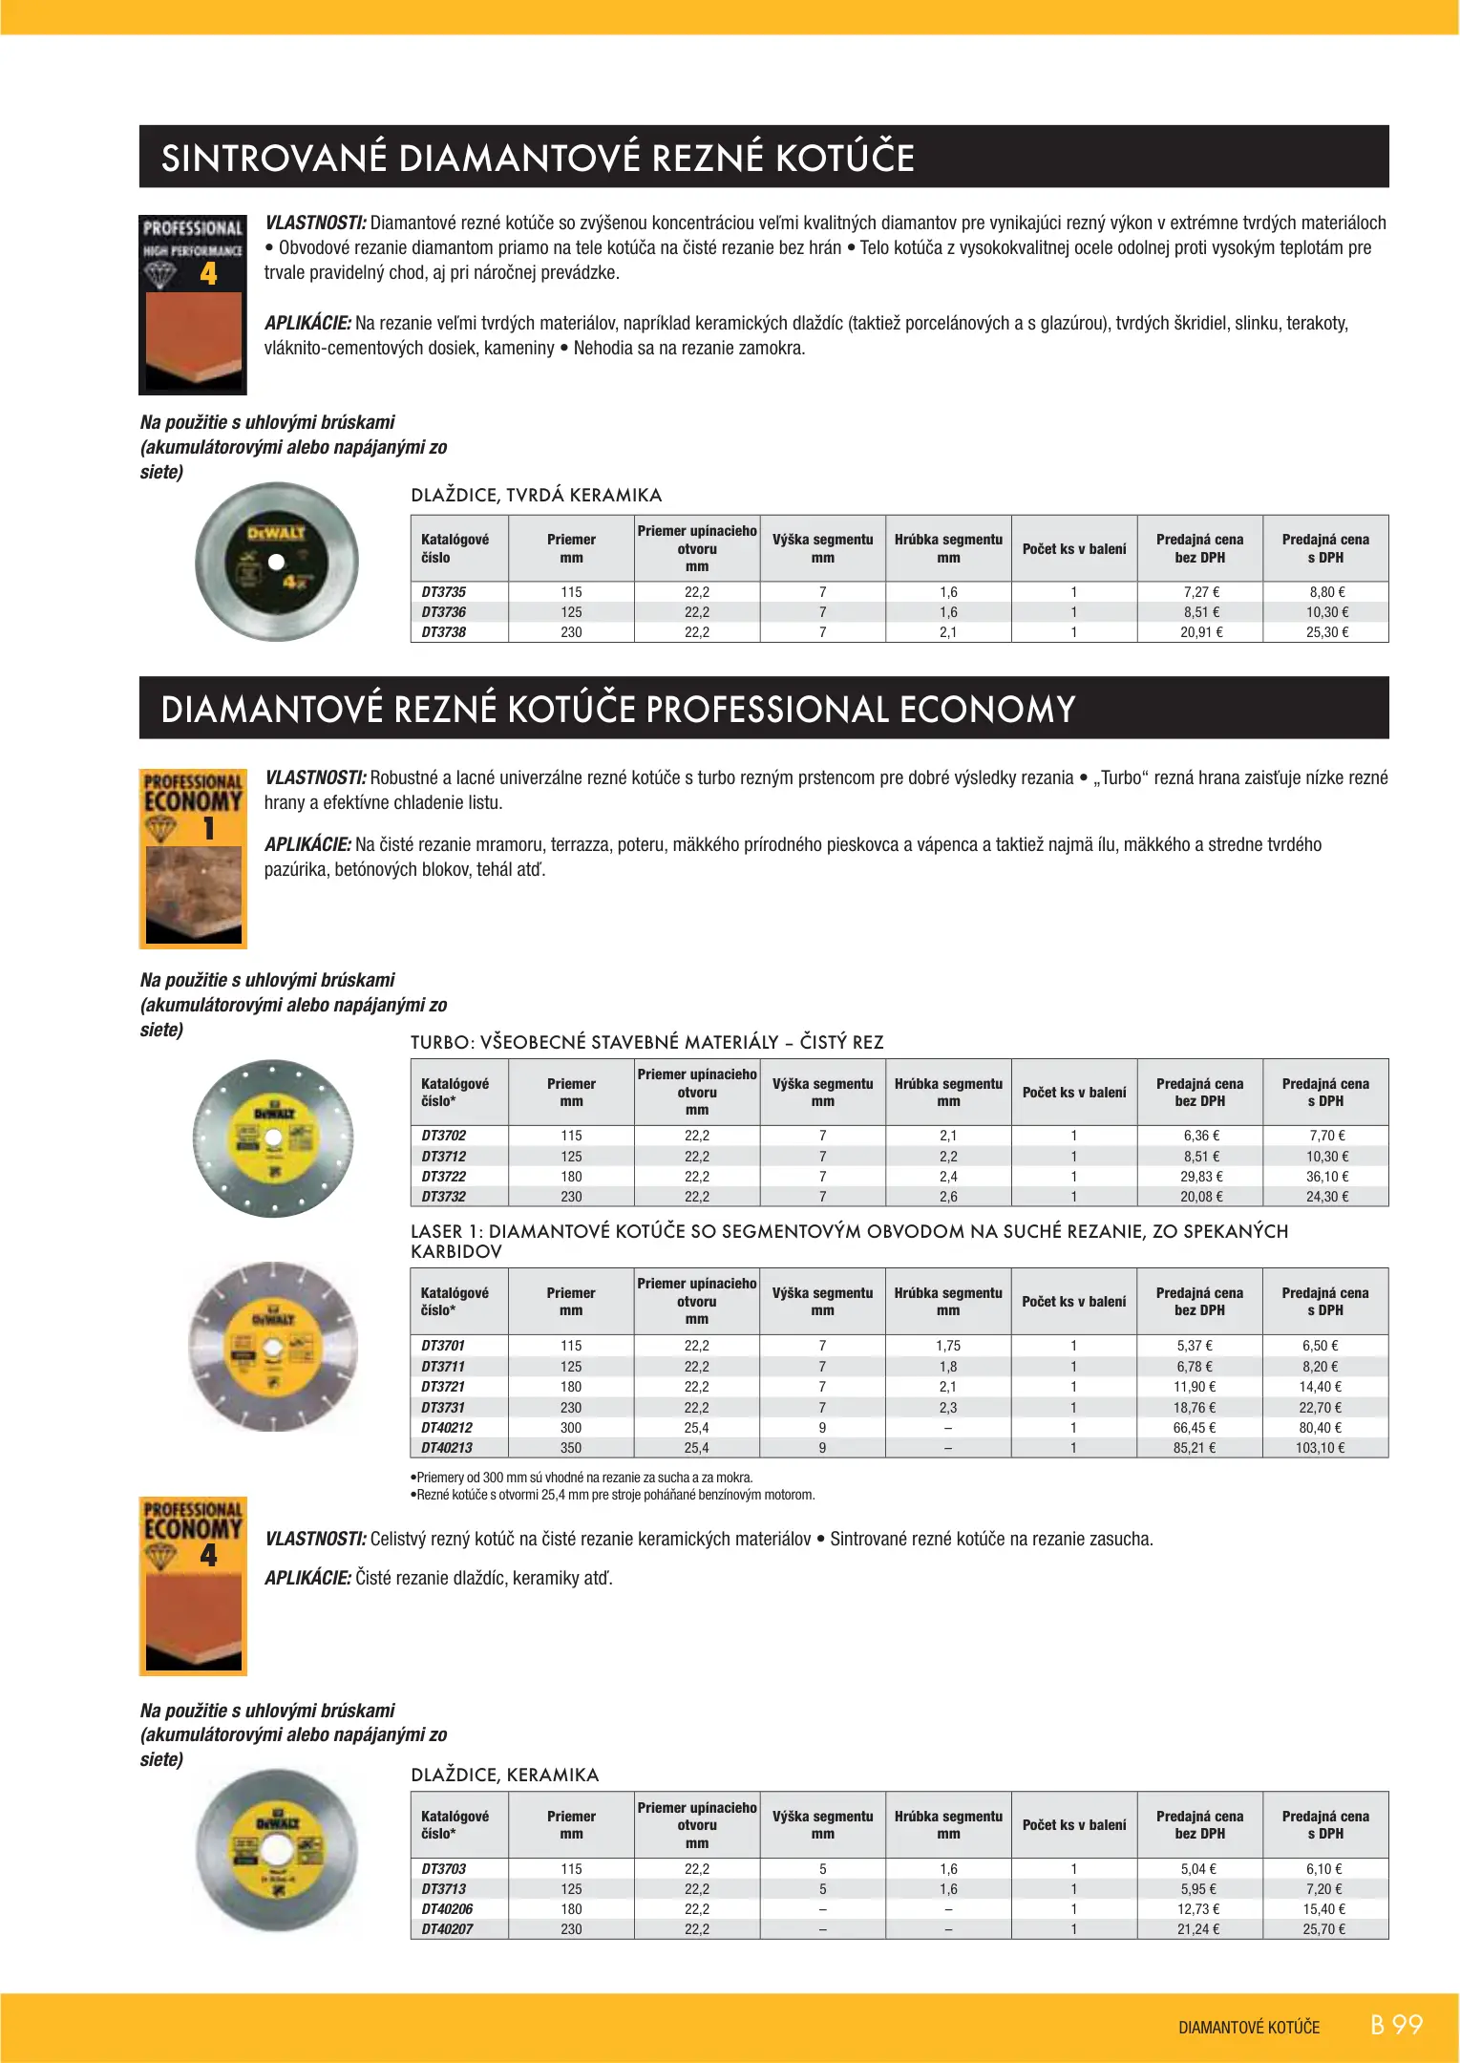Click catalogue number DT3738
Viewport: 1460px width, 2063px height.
pyautogui.click(x=444, y=632)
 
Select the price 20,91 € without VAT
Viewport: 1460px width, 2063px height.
pyautogui.click(x=1200, y=632)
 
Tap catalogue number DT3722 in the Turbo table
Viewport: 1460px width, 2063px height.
pyautogui.click(x=444, y=1177)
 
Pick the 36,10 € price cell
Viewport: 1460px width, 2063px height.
pyautogui.click(x=1326, y=1177)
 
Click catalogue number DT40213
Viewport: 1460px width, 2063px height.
pyautogui.click(x=447, y=1448)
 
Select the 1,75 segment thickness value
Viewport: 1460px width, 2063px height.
pyautogui.click(x=948, y=1346)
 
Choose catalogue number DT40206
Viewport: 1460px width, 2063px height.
pyautogui.click(x=447, y=1909)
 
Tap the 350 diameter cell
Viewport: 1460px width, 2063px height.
pyautogui.click(x=571, y=1448)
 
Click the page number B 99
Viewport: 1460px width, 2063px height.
pyautogui.click(x=1396, y=2025)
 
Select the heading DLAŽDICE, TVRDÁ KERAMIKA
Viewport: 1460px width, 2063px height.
pyautogui.click(x=536, y=495)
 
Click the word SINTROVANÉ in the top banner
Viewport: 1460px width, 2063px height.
pyautogui.click(x=273, y=159)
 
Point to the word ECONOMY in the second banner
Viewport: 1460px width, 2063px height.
pyautogui.click(x=986, y=710)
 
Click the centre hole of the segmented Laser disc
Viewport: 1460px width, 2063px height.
pyautogui.click(x=273, y=1347)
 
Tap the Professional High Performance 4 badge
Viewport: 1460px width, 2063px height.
pyautogui.click(x=193, y=305)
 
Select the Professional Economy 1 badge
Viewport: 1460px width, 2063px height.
pyautogui.click(x=193, y=858)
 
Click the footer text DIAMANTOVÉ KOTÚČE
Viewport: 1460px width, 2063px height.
pyautogui.click(x=1249, y=2028)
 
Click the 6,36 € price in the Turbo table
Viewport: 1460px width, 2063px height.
pyautogui.click(x=1200, y=1136)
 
